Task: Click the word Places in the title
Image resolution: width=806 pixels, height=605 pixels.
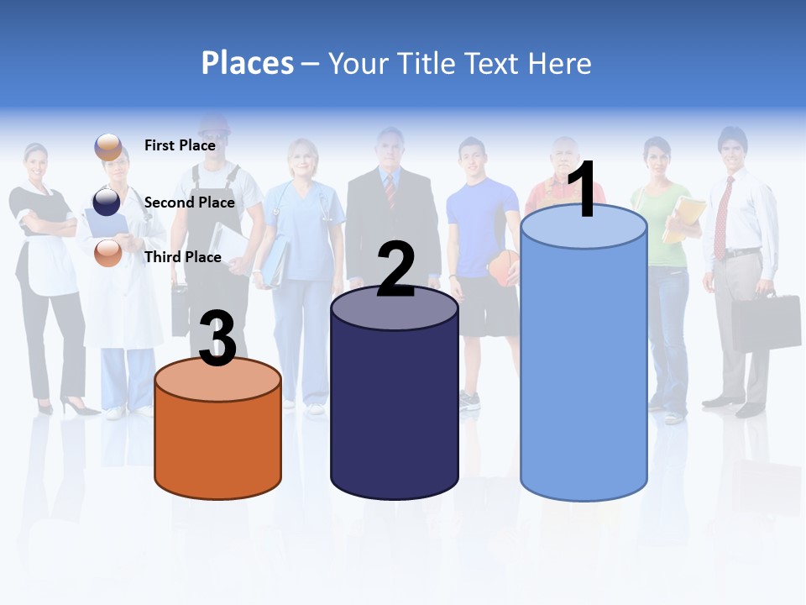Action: click(248, 63)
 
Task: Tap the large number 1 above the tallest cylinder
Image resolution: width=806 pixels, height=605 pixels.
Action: click(582, 190)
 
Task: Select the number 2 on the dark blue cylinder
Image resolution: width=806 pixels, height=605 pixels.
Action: click(395, 269)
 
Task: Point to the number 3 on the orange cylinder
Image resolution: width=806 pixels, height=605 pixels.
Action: click(217, 339)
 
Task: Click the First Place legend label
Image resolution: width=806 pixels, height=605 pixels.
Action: click(180, 145)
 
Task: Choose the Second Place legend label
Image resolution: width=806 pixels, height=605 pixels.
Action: click(189, 203)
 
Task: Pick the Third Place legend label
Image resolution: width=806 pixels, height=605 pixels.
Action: click(182, 257)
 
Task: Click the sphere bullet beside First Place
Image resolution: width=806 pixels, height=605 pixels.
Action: click(107, 146)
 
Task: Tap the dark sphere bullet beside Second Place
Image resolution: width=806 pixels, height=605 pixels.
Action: click(107, 202)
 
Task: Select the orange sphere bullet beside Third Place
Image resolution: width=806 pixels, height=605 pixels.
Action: click(107, 252)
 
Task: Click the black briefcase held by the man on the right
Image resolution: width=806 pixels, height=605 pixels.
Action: click(765, 322)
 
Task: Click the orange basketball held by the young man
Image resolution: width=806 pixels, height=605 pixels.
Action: click(505, 267)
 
